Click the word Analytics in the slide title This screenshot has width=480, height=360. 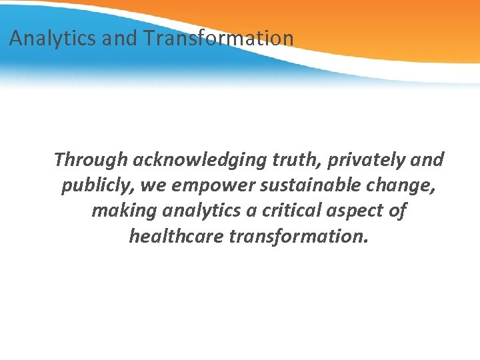tap(53, 39)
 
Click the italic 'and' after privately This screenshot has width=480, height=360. tap(428, 160)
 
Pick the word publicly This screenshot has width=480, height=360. tap(98, 185)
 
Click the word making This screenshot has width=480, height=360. tap(121, 211)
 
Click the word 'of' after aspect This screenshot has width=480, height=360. tap(397, 211)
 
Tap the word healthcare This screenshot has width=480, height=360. tap(176, 236)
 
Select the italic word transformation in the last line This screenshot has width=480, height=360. tap(298, 236)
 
